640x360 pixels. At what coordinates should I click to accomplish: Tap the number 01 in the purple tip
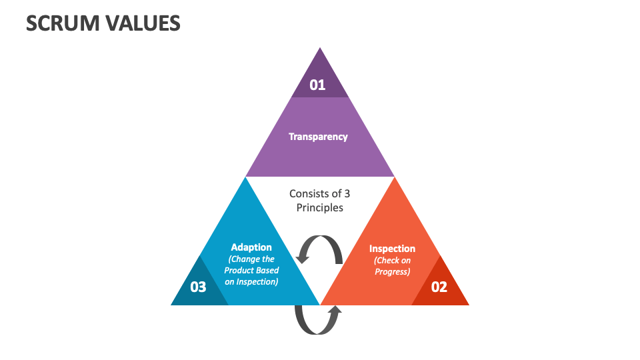click(x=317, y=85)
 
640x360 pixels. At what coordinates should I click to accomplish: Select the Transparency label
click(x=318, y=137)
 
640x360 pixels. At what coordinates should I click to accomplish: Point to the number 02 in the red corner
click(x=439, y=287)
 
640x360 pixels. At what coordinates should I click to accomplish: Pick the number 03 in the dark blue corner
click(x=198, y=287)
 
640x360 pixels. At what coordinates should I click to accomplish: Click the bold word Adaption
click(x=251, y=247)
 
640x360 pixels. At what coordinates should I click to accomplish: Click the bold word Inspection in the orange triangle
click(x=392, y=249)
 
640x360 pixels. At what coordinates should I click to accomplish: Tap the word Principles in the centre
click(x=320, y=207)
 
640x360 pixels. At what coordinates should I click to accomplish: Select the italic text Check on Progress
click(x=392, y=266)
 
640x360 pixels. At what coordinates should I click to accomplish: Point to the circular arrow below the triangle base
click(x=318, y=319)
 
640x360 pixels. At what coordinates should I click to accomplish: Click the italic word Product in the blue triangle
click(x=239, y=271)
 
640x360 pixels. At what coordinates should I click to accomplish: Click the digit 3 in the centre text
click(x=347, y=193)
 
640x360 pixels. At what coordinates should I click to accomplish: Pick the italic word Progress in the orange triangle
click(x=392, y=271)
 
